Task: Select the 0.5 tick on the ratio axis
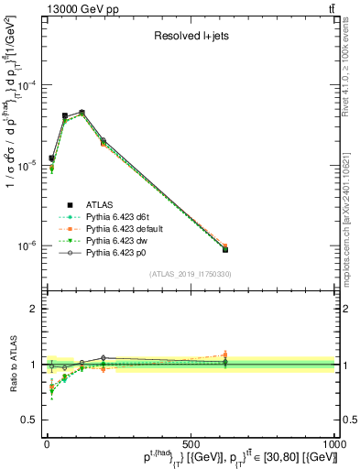[x=29, y=420]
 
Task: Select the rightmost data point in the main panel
[x=225, y=248]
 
